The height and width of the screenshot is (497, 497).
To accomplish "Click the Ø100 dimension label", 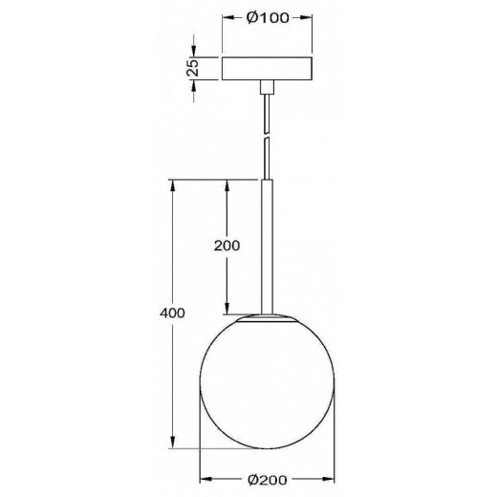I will (268, 19).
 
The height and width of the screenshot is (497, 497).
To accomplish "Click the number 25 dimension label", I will (192, 68).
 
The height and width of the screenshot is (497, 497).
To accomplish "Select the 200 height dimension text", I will (226, 245).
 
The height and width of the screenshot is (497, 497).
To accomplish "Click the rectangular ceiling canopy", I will (267, 68).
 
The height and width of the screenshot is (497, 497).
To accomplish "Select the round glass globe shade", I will (267, 382).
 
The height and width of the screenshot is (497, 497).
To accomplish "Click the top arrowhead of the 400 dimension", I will (172, 185).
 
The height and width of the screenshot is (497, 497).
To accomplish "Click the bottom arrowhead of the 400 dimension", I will (172, 442).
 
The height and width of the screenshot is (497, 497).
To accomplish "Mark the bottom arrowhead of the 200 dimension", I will (226, 307).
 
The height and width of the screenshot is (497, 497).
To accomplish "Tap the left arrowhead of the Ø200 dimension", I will (205, 479).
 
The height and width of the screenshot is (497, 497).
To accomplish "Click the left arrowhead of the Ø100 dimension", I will (227, 19).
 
